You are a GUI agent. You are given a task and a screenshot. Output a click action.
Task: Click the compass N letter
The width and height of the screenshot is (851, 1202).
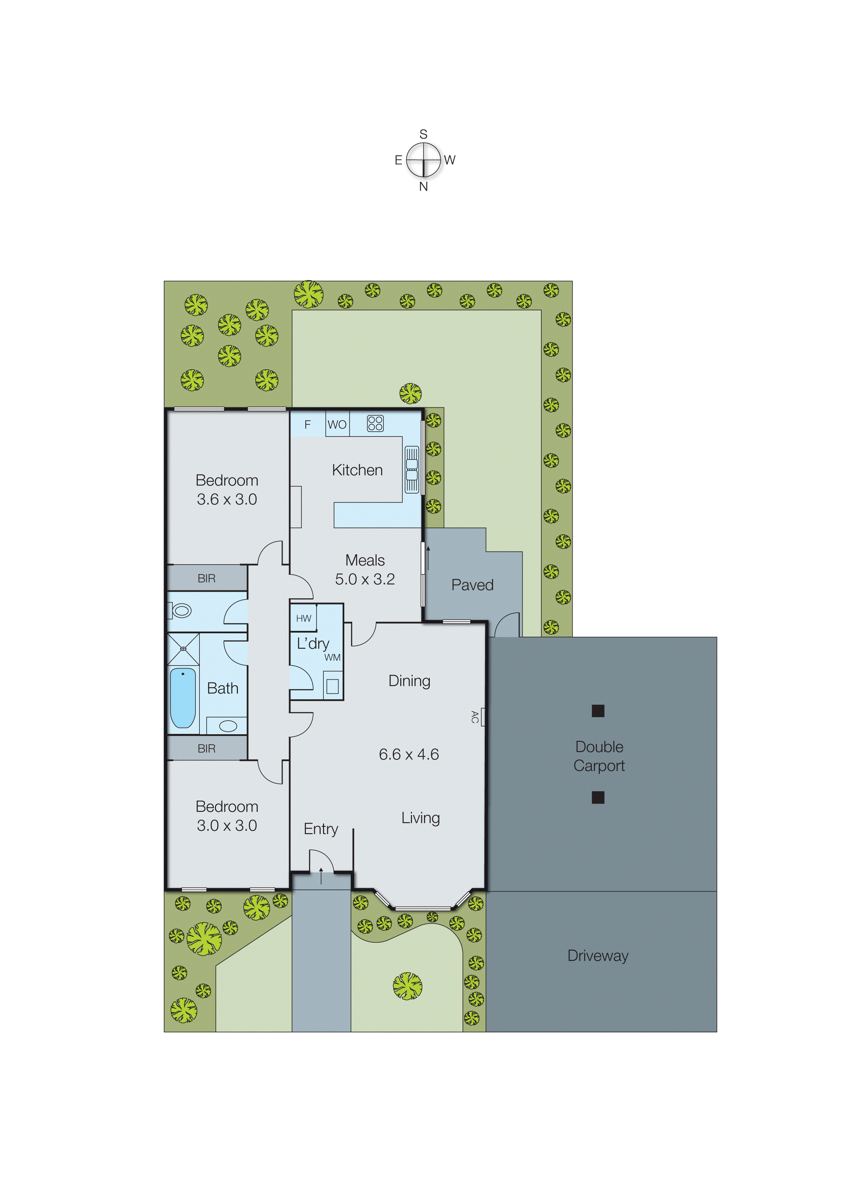tap(423, 186)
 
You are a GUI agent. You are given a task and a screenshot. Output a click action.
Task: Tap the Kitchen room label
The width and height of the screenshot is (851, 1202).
tap(357, 470)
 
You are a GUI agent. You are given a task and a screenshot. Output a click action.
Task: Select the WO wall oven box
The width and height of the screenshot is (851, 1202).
tap(337, 424)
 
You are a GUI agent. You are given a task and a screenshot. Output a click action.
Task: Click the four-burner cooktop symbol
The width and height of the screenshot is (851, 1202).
tap(375, 423)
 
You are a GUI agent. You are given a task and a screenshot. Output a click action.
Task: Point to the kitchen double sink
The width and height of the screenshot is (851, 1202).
tap(412, 469)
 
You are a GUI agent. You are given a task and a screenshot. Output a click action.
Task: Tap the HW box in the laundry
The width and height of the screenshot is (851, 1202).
tap(303, 618)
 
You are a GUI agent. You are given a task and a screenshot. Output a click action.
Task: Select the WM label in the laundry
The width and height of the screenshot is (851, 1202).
tap(332, 657)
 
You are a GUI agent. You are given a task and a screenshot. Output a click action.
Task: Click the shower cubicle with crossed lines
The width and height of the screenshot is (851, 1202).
tap(183, 649)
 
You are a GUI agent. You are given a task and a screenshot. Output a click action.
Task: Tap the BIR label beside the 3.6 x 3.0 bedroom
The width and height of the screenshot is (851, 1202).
tap(206, 578)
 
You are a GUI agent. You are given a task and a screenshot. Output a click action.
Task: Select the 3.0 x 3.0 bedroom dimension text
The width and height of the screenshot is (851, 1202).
tap(227, 826)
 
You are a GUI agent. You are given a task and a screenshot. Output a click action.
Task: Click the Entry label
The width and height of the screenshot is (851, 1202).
tap(321, 829)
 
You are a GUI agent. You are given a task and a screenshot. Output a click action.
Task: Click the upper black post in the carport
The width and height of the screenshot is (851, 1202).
tap(598, 711)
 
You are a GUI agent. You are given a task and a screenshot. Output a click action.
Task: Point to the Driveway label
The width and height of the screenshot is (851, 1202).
tap(598, 956)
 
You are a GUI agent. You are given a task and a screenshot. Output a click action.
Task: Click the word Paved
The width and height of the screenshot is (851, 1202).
tap(472, 585)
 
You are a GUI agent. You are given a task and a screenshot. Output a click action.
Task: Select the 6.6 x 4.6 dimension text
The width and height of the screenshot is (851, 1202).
tap(409, 754)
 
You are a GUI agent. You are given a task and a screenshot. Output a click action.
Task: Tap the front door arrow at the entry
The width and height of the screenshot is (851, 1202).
tap(321, 875)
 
